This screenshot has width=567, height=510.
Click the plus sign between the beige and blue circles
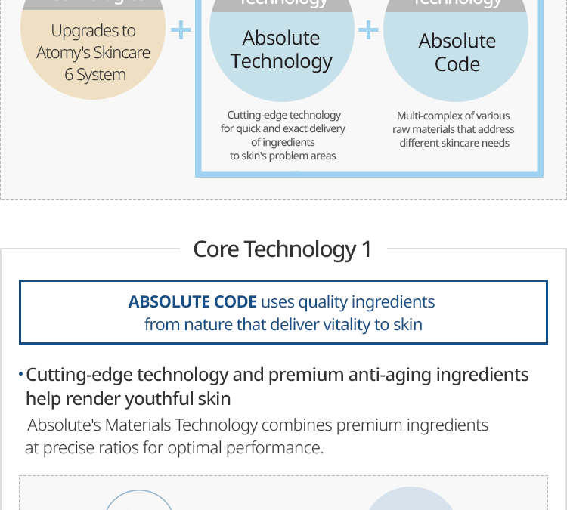(x=181, y=31)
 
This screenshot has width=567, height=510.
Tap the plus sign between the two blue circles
(x=368, y=30)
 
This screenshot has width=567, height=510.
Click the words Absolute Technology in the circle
(x=281, y=49)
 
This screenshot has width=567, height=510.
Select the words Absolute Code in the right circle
(x=457, y=51)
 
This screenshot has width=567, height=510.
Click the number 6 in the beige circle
(x=69, y=75)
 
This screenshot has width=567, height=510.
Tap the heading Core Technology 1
(x=282, y=249)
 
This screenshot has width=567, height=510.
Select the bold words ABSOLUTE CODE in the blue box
(x=192, y=301)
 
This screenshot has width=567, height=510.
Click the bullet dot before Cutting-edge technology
(x=20, y=374)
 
